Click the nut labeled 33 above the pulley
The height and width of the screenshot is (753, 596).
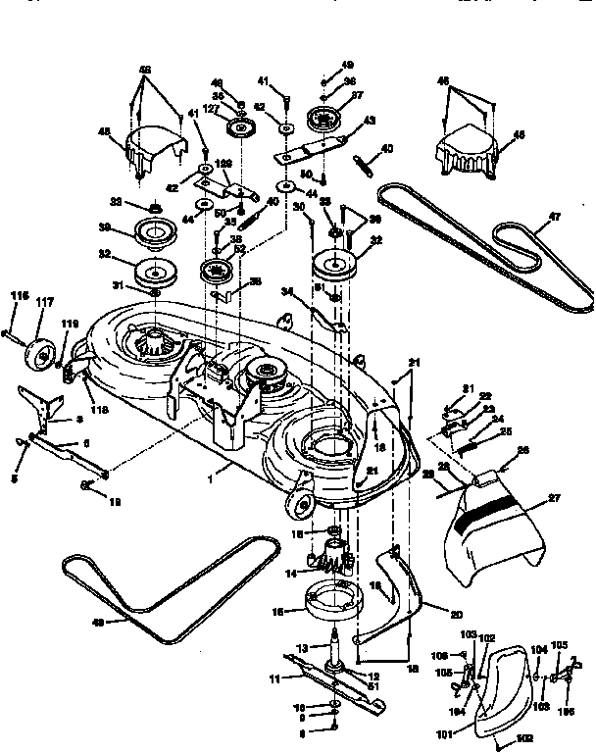coord(154,207)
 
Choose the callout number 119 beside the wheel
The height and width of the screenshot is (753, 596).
coord(70,323)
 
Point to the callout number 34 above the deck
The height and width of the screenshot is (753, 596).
coord(287,289)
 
